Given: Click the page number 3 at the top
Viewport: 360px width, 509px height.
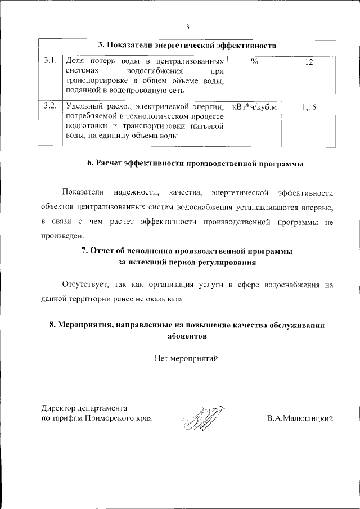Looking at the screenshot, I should coord(187,26).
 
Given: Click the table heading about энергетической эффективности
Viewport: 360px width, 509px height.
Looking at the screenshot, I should coord(187,45).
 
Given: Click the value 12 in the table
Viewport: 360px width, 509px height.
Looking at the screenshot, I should coord(308,61).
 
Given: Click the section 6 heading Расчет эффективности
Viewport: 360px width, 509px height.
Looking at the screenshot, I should coord(195,164).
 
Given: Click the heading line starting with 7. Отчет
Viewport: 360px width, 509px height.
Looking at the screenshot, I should coord(187,251).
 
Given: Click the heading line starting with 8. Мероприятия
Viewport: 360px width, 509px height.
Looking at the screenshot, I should coord(187,326).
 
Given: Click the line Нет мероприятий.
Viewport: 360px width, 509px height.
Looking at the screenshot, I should coord(187,358).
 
